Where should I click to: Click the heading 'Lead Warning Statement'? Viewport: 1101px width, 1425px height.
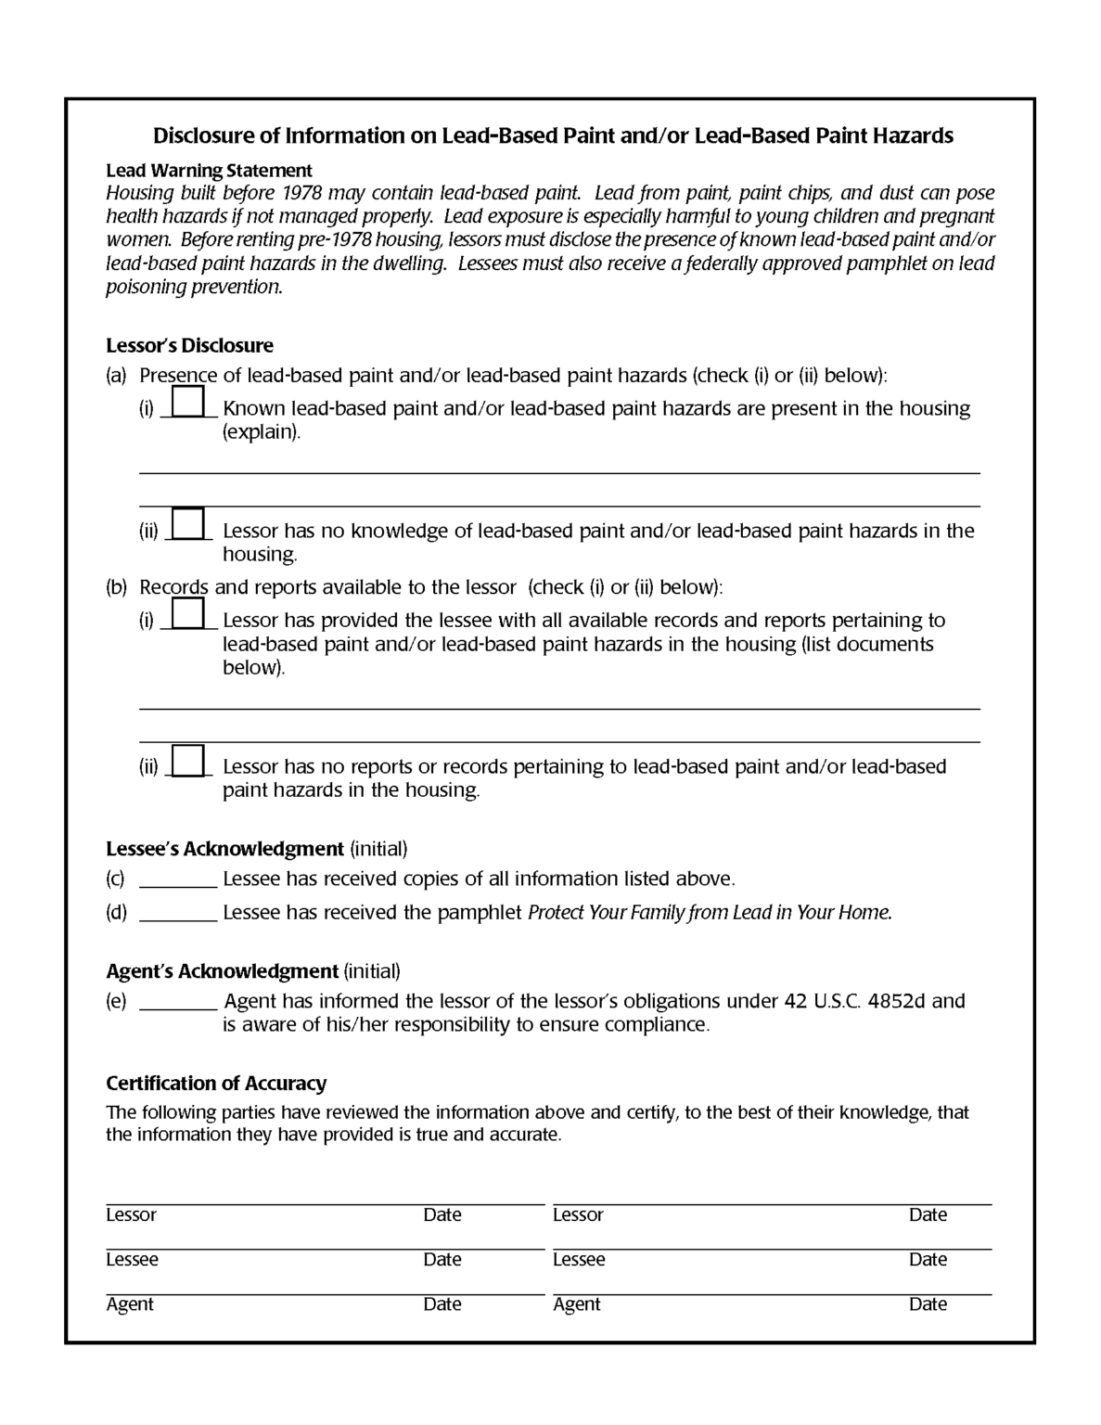[209, 171]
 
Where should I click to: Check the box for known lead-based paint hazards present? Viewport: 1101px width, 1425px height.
[188, 402]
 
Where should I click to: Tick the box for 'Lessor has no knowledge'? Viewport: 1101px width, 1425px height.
[189, 524]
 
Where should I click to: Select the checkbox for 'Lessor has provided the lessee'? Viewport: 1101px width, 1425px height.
[188, 613]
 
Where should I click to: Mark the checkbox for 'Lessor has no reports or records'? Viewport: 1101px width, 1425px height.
[189, 760]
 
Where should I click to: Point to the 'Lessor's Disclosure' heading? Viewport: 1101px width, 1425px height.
[189, 346]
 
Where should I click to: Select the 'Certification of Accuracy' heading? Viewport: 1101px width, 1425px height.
[216, 1084]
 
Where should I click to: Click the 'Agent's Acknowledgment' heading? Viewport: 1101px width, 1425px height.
[222, 971]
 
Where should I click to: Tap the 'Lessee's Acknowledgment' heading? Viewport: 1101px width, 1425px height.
[224, 849]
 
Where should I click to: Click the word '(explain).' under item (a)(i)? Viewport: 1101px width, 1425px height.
[262, 432]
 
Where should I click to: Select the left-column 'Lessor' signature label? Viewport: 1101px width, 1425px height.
[131, 1215]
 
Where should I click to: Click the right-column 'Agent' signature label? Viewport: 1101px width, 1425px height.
[576, 1304]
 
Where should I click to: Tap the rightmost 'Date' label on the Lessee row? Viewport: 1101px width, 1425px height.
[928, 1260]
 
